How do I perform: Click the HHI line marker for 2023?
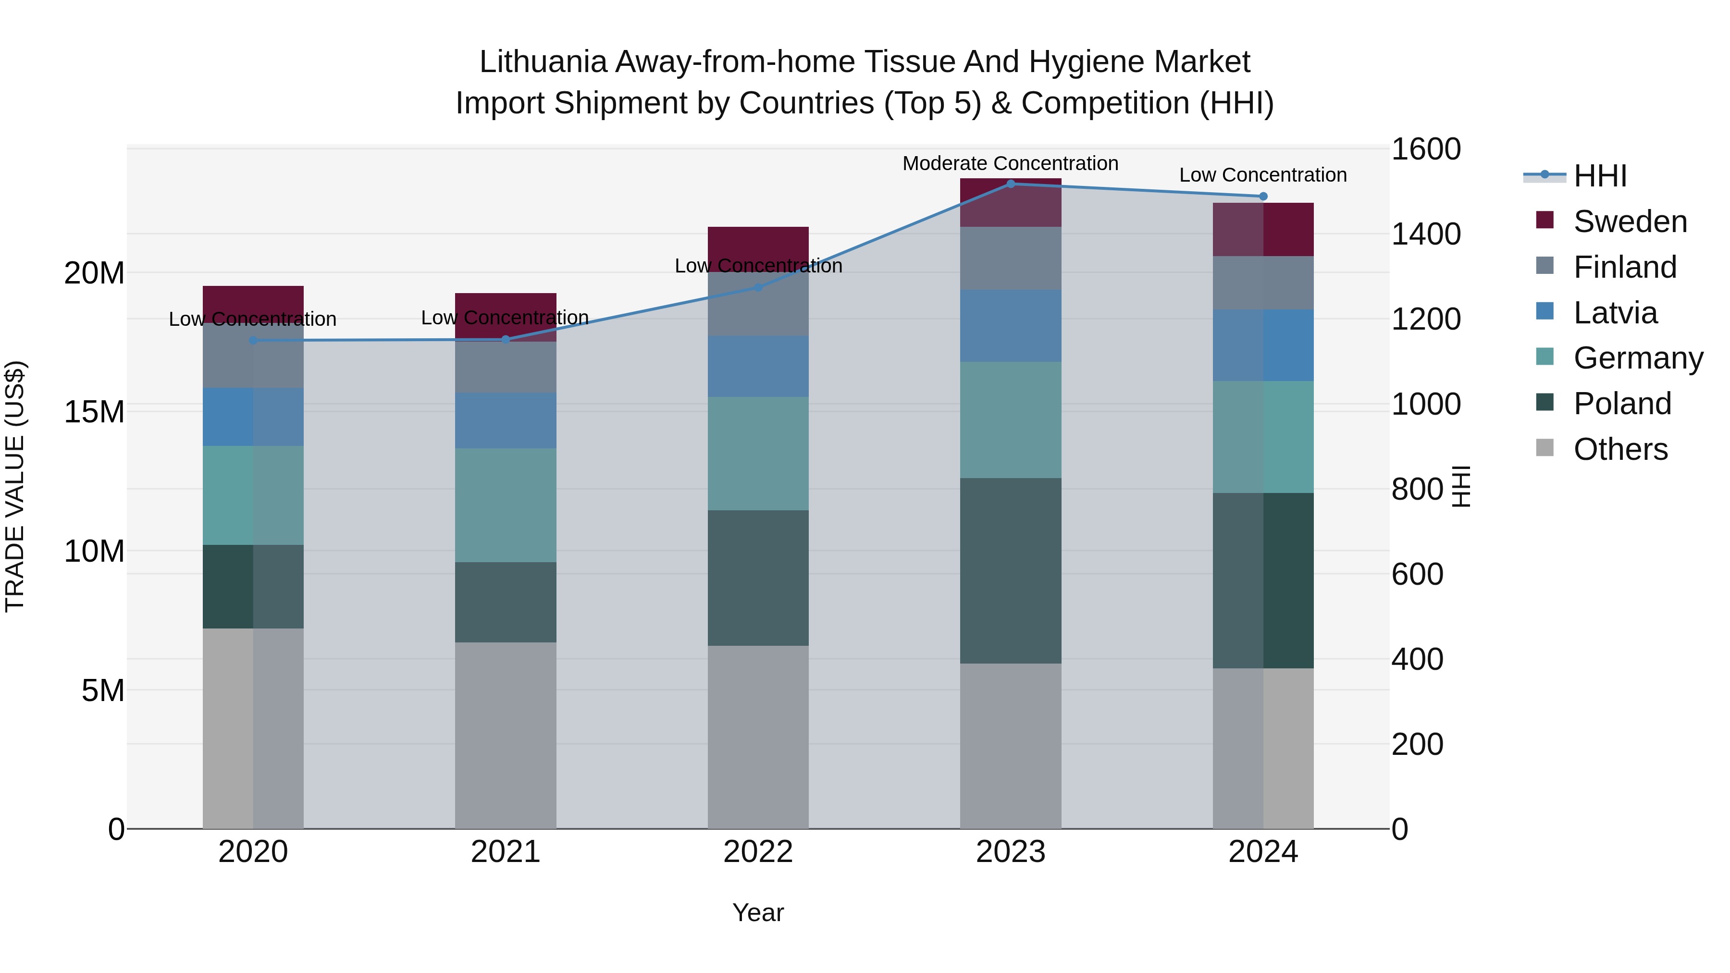click(1010, 184)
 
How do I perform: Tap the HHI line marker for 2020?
click(253, 341)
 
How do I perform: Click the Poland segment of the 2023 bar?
click(1010, 571)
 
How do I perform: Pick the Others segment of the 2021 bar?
click(505, 735)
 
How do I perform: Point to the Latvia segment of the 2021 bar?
click(505, 420)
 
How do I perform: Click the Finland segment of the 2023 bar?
click(1010, 259)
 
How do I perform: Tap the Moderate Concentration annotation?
click(1010, 163)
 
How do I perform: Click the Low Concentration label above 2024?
click(1262, 174)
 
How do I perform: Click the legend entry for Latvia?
click(1615, 313)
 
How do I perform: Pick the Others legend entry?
click(1620, 449)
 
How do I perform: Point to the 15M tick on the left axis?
click(94, 412)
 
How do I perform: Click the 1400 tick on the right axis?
click(1425, 234)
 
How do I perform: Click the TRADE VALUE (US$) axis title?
click(15, 486)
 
